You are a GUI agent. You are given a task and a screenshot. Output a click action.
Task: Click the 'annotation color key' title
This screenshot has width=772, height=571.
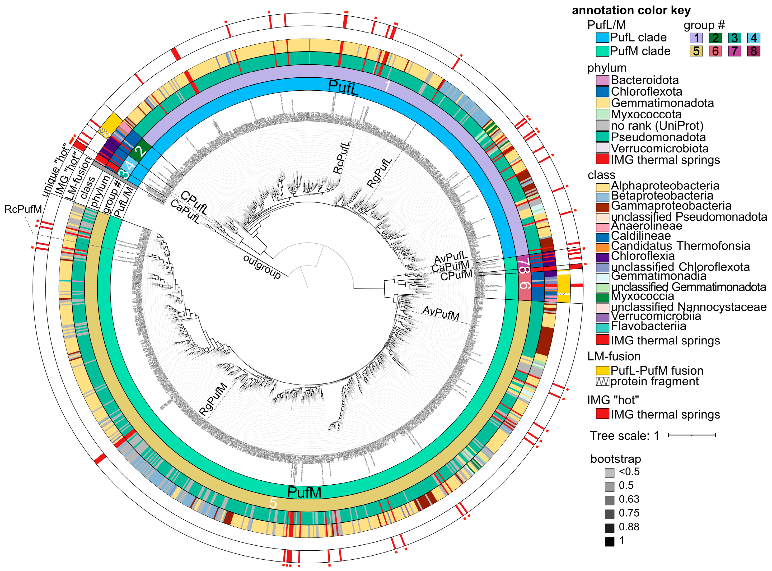click(x=631, y=10)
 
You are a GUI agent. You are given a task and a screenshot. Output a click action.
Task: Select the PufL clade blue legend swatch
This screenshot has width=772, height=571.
click(x=602, y=37)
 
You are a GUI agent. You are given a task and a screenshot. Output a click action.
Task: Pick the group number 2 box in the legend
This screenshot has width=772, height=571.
click(x=715, y=38)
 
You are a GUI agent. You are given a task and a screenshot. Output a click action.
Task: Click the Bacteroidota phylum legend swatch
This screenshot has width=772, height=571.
click(x=602, y=80)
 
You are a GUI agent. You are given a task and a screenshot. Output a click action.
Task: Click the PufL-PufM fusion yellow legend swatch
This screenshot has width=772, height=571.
click(x=602, y=370)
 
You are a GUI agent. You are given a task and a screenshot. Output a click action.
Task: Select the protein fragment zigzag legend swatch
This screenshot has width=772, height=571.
click(x=602, y=382)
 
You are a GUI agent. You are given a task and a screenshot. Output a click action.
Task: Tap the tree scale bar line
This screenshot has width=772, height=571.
click(x=691, y=435)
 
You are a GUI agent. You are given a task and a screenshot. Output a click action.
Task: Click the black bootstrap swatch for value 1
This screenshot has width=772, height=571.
click(x=609, y=541)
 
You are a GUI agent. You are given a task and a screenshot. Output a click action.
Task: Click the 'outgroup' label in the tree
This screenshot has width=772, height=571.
click(x=262, y=267)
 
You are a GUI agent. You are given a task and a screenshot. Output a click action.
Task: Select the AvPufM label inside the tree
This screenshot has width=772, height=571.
click(x=441, y=313)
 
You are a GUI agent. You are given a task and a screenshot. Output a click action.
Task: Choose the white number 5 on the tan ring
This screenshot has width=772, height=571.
click(x=273, y=503)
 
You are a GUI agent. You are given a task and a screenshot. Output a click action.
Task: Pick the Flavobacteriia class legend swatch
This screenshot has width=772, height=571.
click(x=602, y=327)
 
